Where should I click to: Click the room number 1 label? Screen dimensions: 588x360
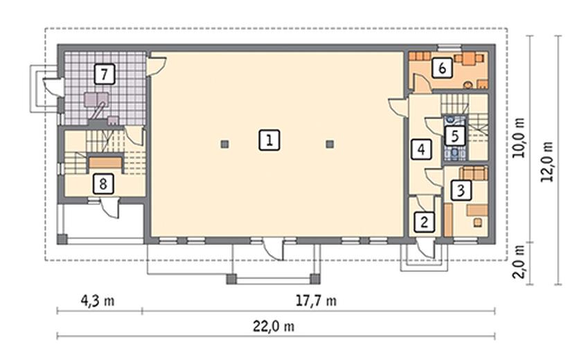(x=269, y=141)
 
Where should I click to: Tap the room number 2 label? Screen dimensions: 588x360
(x=425, y=222)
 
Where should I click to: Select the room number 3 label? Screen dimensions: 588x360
(x=461, y=190)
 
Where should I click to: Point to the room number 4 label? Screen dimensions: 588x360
(x=421, y=150)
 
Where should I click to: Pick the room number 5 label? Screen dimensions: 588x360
(x=455, y=136)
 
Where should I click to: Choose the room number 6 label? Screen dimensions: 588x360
(x=442, y=68)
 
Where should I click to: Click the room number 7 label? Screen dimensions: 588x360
(x=105, y=73)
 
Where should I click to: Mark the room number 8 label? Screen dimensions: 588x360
(x=103, y=183)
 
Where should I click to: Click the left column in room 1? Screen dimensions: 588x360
(x=224, y=144)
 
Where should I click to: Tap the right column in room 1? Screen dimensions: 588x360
(x=330, y=144)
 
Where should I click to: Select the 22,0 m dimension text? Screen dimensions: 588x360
(x=274, y=326)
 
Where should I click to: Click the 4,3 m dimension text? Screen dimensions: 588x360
(x=98, y=300)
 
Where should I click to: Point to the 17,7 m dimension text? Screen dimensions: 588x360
(x=316, y=300)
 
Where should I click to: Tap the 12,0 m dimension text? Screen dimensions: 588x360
(x=547, y=161)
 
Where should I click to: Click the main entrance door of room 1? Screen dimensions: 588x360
(x=273, y=249)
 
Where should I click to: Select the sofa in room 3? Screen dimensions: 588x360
(x=474, y=173)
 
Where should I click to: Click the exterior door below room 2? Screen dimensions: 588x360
(x=427, y=248)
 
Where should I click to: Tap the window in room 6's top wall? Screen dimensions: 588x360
(x=449, y=47)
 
